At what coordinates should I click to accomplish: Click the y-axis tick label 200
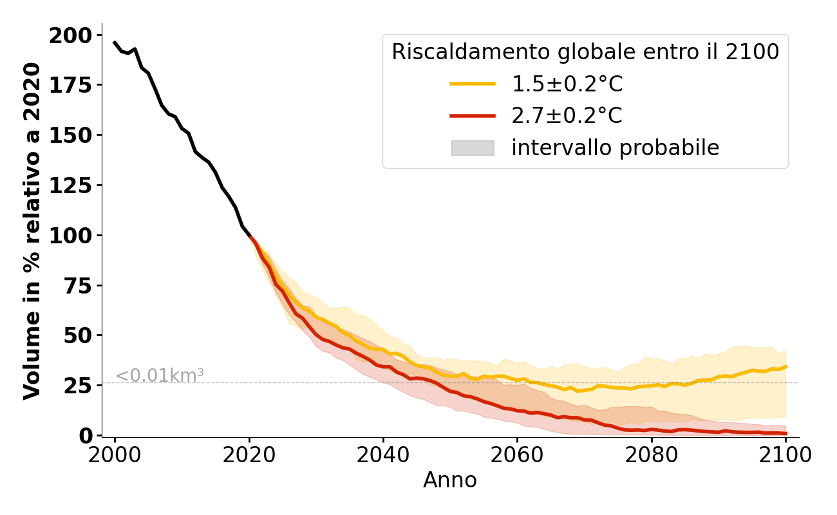pos(71,35)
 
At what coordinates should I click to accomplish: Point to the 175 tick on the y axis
pos(71,86)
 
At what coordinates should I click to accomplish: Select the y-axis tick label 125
pos(71,185)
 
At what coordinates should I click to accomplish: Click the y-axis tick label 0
pos(86,436)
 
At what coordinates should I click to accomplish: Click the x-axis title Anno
pos(450,480)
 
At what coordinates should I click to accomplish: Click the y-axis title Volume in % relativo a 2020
pos(32,231)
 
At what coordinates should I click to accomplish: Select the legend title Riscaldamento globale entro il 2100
pos(585,52)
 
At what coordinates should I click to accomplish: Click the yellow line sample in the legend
pos(473,84)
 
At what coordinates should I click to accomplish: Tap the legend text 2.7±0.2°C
pos(567,116)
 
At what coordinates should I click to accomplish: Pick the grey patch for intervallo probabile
pos(473,148)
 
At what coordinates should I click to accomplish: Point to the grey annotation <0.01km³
pos(159,375)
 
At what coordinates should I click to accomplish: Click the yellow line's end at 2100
pos(785,367)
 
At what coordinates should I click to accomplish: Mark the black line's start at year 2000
pos(115,42)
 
